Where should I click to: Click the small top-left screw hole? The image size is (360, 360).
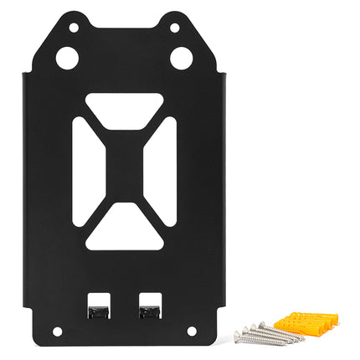(x=74, y=28)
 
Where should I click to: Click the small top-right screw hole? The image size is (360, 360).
(x=173, y=28)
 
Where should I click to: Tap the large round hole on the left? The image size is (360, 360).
(x=67, y=58)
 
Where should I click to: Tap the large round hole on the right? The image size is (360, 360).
(x=180, y=58)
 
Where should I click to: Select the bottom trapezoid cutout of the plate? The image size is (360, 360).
(x=124, y=234)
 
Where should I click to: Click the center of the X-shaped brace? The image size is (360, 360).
(x=124, y=172)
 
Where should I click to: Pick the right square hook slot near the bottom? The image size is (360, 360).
(x=150, y=306)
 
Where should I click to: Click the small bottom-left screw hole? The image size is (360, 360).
(x=57, y=332)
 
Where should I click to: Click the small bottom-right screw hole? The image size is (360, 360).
(x=191, y=332)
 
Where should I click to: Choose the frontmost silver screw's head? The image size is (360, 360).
(x=238, y=337)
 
